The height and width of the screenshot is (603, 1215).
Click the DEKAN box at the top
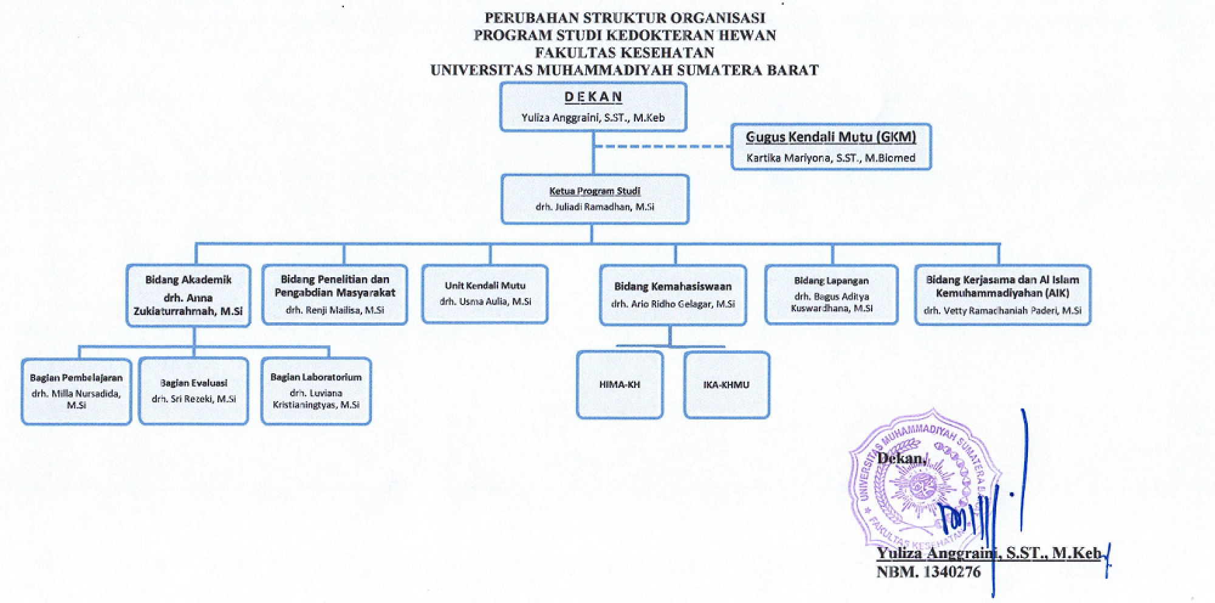(593, 107)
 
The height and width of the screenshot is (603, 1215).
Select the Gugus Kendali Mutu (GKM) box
(830, 146)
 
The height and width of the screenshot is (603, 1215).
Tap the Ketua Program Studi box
(595, 199)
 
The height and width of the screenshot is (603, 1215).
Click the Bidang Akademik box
(188, 295)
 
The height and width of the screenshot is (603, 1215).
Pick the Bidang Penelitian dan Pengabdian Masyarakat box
(335, 294)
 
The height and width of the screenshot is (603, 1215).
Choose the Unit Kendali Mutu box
(485, 294)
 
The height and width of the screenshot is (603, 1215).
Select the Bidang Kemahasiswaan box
(673, 295)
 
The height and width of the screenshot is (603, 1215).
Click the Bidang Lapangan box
(831, 294)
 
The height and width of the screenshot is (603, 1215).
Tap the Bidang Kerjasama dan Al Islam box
(1002, 295)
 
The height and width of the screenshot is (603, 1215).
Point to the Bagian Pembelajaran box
(76, 391)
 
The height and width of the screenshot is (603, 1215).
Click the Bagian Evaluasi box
(193, 391)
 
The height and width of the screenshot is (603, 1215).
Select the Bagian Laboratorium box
(316, 391)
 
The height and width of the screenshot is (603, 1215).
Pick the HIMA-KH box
(619, 385)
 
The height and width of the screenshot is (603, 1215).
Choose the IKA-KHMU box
(726, 385)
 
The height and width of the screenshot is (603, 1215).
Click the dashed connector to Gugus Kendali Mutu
(662, 146)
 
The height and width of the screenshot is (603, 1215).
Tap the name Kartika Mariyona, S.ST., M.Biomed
(830, 158)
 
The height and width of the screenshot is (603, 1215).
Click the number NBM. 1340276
(928, 571)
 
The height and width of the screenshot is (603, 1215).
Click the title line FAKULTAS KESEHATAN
(624, 52)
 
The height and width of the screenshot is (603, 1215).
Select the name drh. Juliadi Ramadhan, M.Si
(595, 207)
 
